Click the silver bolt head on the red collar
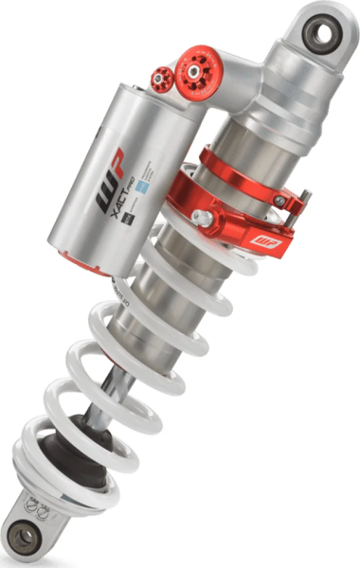(x=204, y=217)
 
